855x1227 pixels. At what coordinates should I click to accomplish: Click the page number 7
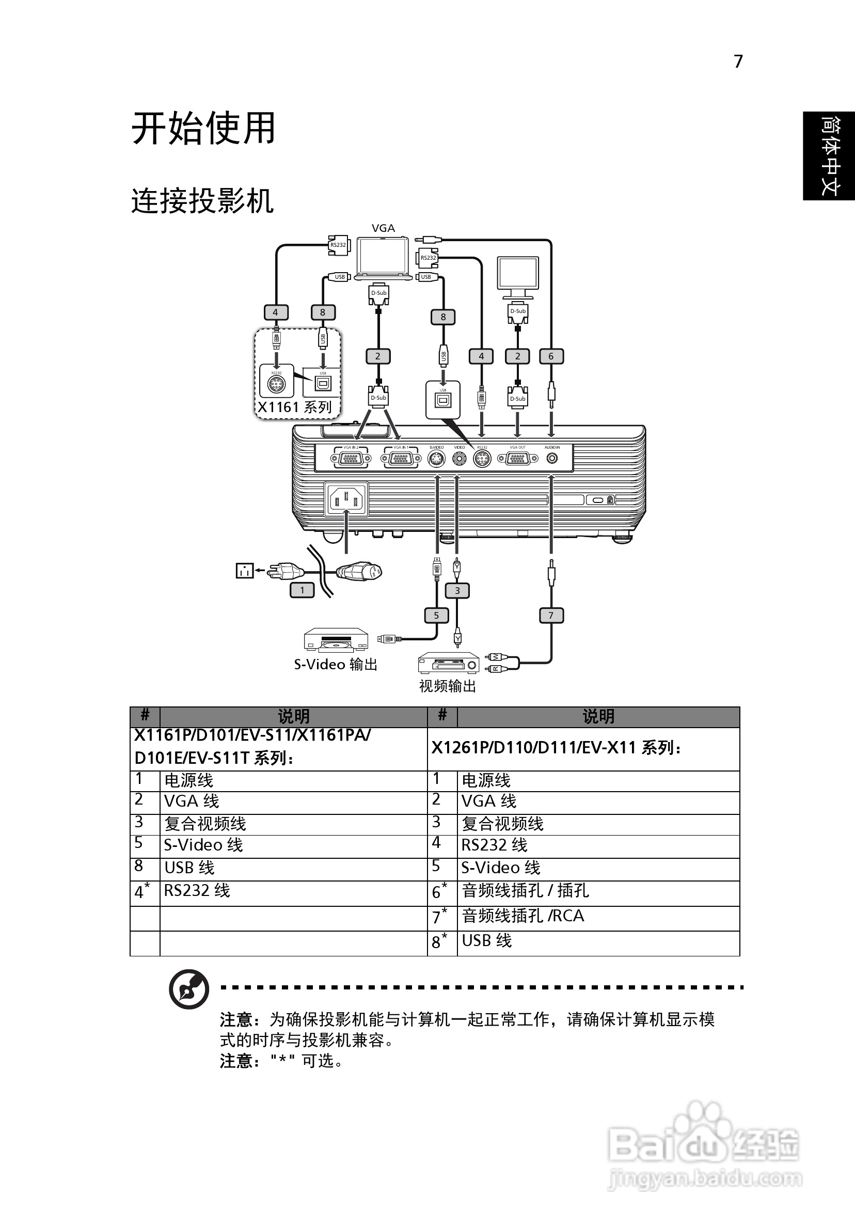click(738, 62)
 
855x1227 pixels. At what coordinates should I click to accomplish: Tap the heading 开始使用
click(203, 128)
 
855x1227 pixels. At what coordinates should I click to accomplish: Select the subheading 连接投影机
click(202, 201)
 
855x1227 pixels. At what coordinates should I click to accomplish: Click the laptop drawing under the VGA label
click(384, 259)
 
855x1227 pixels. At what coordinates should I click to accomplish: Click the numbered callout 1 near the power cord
click(302, 590)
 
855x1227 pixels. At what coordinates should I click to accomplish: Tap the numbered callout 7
click(551, 615)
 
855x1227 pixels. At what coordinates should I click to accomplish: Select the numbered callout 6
click(551, 356)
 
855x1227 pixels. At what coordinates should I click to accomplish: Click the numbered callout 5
click(436, 615)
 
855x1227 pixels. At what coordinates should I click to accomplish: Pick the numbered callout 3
click(457, 591)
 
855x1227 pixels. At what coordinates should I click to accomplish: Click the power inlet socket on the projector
click(346, 500)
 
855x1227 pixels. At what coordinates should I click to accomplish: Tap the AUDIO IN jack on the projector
click(552, 458)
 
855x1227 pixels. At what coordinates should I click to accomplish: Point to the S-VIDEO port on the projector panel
click(437, 459)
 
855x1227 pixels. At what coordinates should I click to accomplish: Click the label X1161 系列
click(294, 407)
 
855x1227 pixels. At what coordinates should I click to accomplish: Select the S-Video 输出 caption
click(336, 664)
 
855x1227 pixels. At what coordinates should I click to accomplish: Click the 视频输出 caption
click(447, 686)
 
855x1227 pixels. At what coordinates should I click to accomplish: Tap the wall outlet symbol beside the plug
click(244, 571)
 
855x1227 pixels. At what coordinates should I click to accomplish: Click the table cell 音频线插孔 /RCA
click(522, 916)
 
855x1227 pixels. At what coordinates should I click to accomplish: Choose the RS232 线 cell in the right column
click(494, 845)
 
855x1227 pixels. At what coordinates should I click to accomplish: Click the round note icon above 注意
click(188, 988)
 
